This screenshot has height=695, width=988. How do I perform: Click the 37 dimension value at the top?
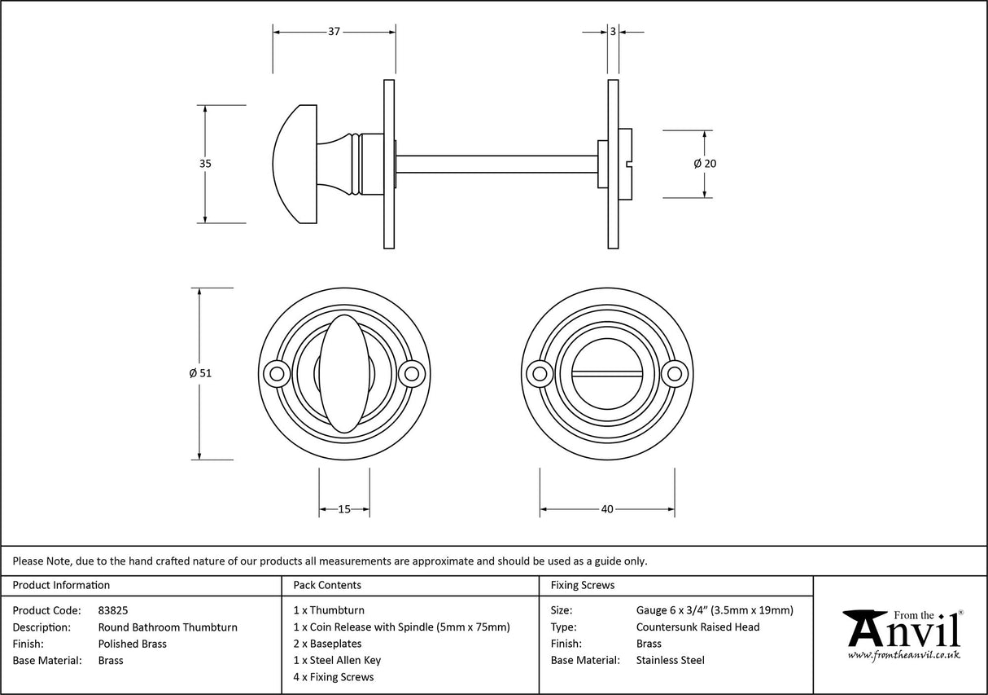[x=334, y=32]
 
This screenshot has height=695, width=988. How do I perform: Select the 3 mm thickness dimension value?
[x=612, y=32]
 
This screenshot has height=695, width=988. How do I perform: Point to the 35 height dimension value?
[x=205, y=163]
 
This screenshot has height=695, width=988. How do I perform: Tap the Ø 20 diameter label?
[x=705, y=163]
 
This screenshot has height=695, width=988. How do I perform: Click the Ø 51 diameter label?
[x=200, y=373]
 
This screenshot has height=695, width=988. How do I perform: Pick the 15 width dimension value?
[x=343, y=509]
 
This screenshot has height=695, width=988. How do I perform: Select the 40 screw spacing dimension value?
[x=606, y=509]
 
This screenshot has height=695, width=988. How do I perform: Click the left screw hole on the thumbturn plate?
[x=278, y=374]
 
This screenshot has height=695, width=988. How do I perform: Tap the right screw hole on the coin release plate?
[x=673, y=374]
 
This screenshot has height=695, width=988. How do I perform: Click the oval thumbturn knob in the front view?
[x=343, y=374]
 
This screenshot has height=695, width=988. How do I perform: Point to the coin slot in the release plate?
[x=606, y=374]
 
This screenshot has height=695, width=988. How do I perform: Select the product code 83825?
[x=113, y=610]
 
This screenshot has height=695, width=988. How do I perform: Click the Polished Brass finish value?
[x=132, y=644]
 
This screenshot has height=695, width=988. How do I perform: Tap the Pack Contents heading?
[x=327, y=585]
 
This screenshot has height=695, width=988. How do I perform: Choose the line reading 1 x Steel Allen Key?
[x=337, y=661]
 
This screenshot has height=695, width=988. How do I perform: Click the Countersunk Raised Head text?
[x=697, y=627]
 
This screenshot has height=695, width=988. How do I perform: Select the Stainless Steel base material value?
[x=670, y=661]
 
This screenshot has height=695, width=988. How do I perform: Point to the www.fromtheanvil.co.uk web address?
[x=903, y=655]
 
